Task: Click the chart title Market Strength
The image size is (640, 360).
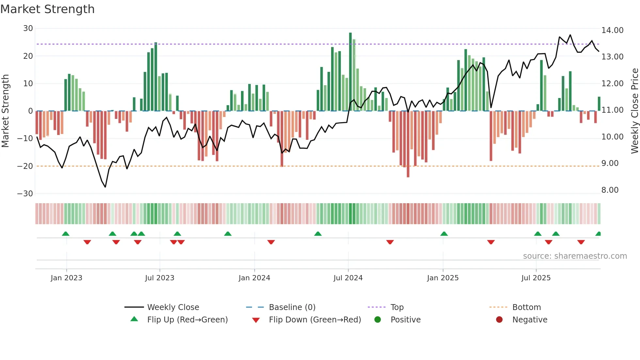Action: click(47, 9)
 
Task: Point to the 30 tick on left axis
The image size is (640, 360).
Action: click(28, 28)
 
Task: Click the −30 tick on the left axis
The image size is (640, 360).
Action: click(25, 194)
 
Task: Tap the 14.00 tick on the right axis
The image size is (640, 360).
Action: click(612, 30)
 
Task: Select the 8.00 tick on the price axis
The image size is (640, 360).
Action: click(610, 190)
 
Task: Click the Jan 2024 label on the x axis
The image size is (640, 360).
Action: click(254, 278)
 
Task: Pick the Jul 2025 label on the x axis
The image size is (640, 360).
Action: click(536, 278)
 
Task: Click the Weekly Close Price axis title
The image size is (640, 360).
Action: click(634, 111)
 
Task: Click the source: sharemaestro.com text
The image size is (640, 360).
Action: click(575, 256)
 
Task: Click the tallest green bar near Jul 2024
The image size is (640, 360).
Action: click(350, 72)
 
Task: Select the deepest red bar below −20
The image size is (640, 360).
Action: click(408, 144)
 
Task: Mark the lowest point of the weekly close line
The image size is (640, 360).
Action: click(105, 187)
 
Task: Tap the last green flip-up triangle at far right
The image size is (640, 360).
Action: click(598, 234)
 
